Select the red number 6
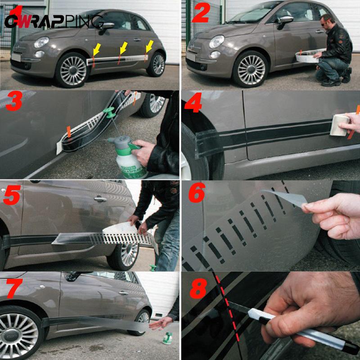pos(196,192)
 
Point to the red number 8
pos(198,289)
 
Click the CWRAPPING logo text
pos(54,20)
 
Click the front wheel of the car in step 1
pos(72,70)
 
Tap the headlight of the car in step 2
pos(217,41)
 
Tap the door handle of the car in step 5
pos(100,198)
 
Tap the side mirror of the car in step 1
pos(107,26)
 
